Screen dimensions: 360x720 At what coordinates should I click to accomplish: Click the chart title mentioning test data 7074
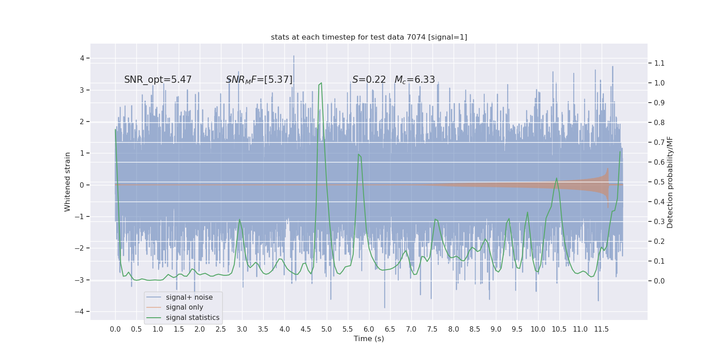point(369,37)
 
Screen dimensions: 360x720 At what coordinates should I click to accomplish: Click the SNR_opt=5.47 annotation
point(158,80)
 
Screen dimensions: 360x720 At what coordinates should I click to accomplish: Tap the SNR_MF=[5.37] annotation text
point(259,80)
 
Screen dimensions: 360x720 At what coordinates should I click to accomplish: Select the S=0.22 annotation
point(369,80)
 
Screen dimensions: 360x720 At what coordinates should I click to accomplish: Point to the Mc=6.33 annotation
point(415,80)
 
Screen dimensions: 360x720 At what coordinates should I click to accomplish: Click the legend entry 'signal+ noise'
point(189,297)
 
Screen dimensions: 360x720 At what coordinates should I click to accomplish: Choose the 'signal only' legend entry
point(184,307)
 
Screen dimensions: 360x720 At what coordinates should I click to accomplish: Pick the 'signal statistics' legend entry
point(193,318)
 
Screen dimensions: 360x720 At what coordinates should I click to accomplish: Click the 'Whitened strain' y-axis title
point(67,182)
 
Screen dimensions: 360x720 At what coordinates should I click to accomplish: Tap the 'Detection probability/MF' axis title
point(670,182)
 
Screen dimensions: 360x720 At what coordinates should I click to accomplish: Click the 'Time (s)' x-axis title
point(369,339)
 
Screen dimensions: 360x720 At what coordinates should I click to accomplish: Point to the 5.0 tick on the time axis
point(327,329)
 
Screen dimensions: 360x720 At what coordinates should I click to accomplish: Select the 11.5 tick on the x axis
point(601,329)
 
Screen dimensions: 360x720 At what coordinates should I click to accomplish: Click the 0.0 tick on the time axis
point(115,329)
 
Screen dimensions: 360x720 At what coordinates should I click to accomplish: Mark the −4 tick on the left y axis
point(82,312)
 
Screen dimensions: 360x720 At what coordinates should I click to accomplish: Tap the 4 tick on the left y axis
point(82,58)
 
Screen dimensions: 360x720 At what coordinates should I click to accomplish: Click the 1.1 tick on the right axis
point(659,63)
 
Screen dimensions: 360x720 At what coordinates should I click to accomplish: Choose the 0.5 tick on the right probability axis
point(659,182)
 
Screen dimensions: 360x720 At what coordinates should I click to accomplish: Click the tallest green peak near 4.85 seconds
point(321,83)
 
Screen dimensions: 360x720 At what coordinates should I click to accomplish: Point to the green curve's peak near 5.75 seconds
point(359,154)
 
